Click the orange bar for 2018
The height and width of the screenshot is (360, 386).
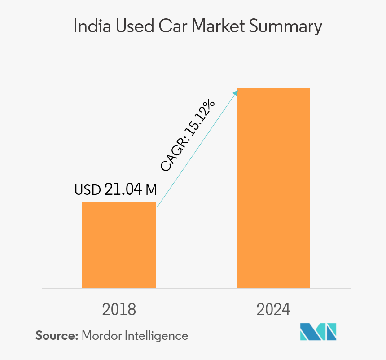point(119,245)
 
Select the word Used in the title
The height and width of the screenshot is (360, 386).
point(128,26)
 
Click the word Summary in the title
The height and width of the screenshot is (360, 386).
point(286,27)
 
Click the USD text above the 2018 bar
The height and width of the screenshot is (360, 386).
point(88,190)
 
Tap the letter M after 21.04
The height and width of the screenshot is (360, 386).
point(151,190)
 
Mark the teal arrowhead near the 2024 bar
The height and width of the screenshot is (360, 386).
point(236,92)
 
